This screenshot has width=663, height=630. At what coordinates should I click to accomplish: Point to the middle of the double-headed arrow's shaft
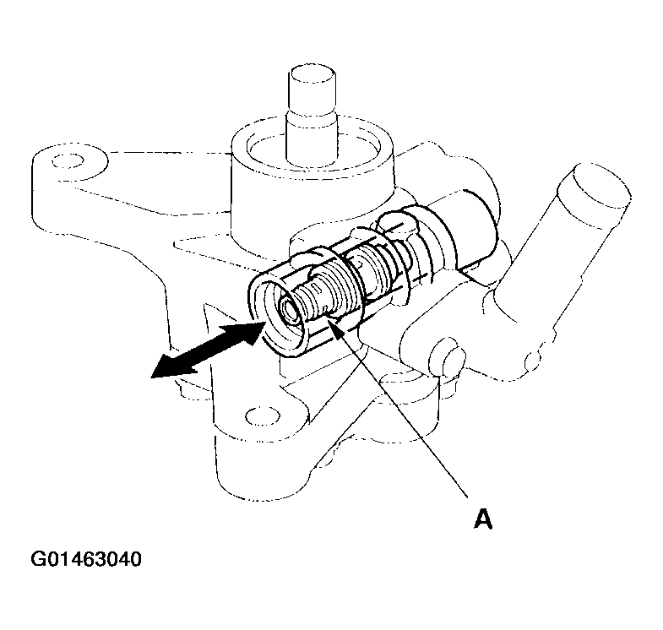pos(207,350)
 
